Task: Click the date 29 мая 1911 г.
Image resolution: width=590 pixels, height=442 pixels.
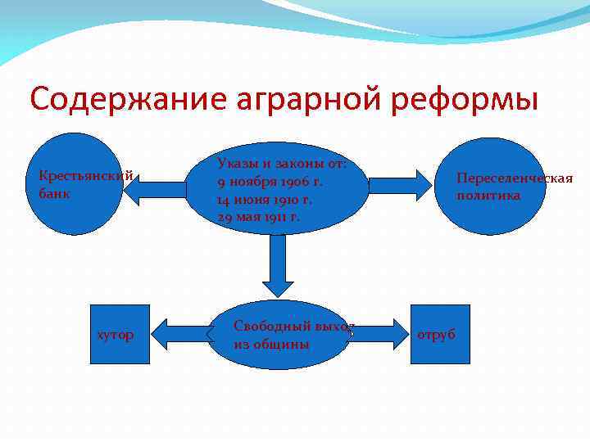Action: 259,217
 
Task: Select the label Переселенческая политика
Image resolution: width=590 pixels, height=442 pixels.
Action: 514,187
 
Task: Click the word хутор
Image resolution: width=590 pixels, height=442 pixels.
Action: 116,335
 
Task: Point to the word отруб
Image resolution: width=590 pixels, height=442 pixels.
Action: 436,335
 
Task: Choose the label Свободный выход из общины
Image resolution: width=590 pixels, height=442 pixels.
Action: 292,335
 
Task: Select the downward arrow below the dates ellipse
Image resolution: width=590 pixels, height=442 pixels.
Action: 279,265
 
